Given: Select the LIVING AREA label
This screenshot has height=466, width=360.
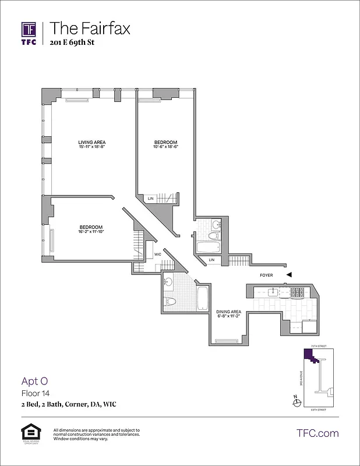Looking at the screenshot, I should coord(92,142).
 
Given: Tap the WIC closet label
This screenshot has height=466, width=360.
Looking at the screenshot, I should coord(157,255).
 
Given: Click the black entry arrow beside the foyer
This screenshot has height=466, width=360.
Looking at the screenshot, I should coord(289,275).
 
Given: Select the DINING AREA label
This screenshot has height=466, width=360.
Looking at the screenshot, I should coord(228,312).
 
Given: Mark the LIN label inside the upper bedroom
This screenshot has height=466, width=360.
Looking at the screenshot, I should coord(150,199).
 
